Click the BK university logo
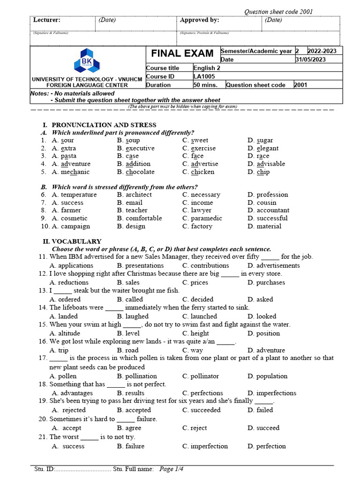[x=86, y=61]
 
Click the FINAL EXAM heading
[x=182, y=53]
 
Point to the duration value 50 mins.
[x=205, y=85]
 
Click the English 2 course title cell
[x=207, y=68]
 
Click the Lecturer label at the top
[x=47, y=20]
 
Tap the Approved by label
[x=200, y=20]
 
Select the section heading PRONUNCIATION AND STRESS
[x=104, y=125]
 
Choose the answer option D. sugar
[x=260, y=140]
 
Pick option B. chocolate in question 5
[x=136, y=172]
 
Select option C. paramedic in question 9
[x=202, y=218]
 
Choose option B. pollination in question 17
[x=137, y=376]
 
